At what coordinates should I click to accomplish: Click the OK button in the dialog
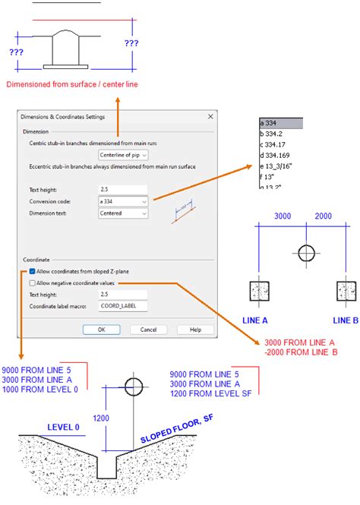click(x=101, y=330)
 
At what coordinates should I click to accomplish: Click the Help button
click(x=195, y=330)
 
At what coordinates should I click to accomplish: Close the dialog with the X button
click(x=210, y=116)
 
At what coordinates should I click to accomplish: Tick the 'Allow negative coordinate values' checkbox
click(x=32, y=282)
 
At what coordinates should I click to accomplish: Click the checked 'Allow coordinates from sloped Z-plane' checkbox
click(x=32, y=271)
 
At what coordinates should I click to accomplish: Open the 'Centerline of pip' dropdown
click(x=124, y=155)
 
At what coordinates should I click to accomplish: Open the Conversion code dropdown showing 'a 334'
click(x=124, y=201)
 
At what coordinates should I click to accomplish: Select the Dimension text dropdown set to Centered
click(x=124, y=213)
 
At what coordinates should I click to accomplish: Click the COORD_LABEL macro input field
click(x=122, y=306)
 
